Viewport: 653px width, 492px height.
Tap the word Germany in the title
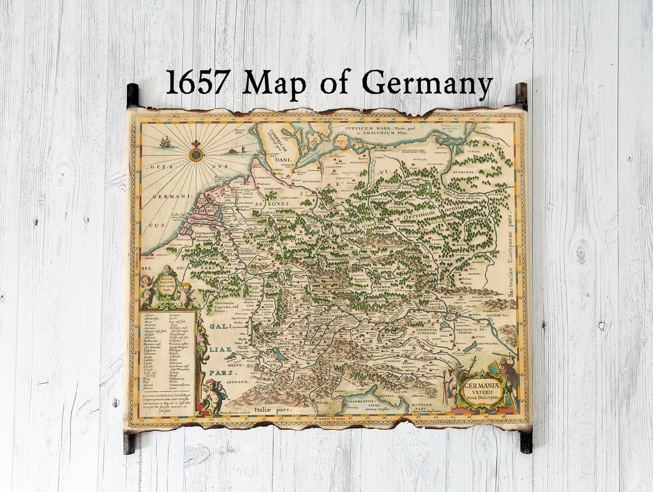pyautogui.click(x=427, y=84)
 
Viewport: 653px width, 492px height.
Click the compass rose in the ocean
pyautogui.click(x=197, y=153)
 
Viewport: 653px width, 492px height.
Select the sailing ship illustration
pyautogui.click(x=165, y=142)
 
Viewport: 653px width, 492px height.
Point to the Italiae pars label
pyautogui.click(x=273, y=410)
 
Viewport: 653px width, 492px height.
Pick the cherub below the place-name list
pyautogui.click(x=213, y=394)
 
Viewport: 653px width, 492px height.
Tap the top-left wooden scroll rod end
pyautogui.click(x=132, y=95)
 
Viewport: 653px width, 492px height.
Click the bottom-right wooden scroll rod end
pyautogui.click(x=526, y=441)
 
